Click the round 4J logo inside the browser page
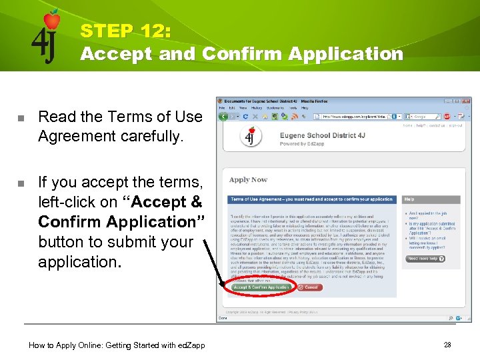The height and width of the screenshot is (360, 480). tap(250, 137)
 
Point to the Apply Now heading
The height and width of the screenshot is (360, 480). tap(248, 179)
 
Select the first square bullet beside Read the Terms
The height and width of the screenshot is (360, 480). tap(21, 117)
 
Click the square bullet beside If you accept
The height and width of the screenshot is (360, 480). tap(21, 183)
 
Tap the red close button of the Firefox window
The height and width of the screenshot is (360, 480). tap(468, 101)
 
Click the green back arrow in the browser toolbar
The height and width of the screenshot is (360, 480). tap(223, 116)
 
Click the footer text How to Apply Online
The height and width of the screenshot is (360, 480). tap(117, 345)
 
